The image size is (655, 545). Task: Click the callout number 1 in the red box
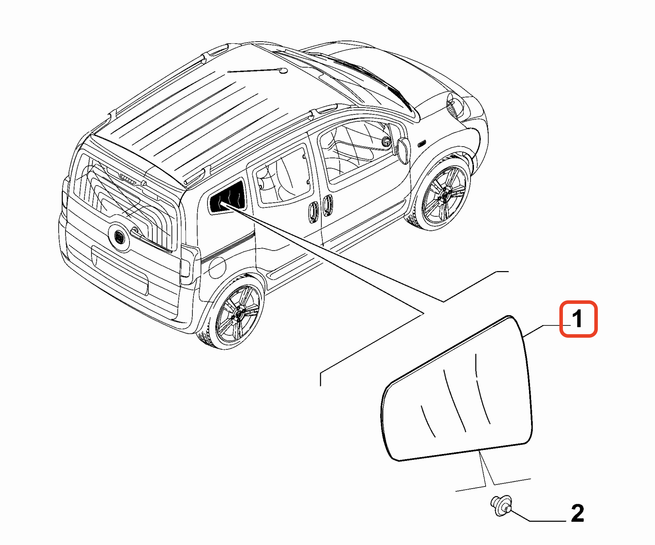pos(577,319)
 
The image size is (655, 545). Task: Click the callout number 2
pos(577,513)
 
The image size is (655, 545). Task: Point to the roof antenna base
pos(283,71)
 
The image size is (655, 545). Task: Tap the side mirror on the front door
pos(404,150)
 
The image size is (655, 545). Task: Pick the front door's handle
pos(327,205)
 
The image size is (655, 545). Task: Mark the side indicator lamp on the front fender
pos(421,144)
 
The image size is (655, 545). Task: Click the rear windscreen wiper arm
pos(152,239)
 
